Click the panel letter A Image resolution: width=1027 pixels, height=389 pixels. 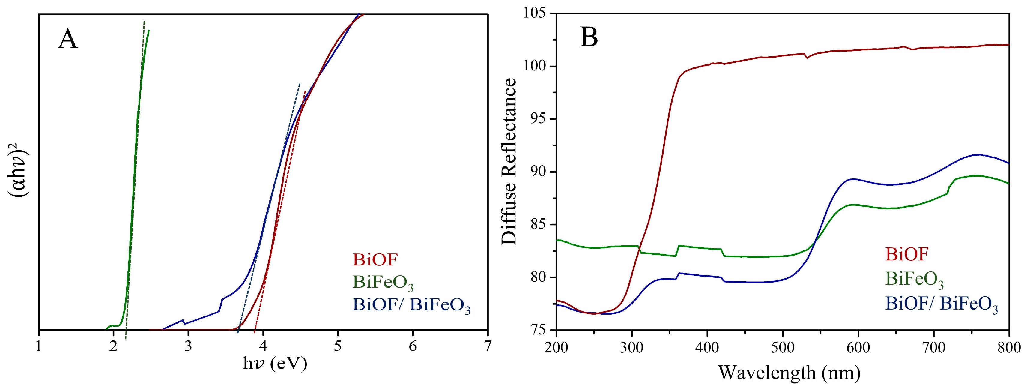click(x=67, y=40)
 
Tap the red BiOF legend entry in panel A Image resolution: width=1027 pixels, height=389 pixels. click(x=375, y=260)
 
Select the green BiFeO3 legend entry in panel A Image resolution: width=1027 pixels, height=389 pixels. click(x=383, y=283)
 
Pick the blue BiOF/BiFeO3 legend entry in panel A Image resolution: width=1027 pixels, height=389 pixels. click(x=411, y=305)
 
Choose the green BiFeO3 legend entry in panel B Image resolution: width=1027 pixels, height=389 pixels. click(x=915, y=279)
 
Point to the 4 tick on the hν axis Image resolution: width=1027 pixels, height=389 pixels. click(x=263, y=346)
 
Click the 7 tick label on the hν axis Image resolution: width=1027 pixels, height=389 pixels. click(x=487, y=346)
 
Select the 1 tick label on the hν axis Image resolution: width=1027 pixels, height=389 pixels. click(x=39, y=346)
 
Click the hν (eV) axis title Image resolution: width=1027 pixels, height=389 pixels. click(x=275, y=364)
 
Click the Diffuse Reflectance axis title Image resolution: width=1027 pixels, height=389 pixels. click(x=509, y=162)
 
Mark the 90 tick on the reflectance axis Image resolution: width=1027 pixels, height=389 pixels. click(x=538, y=172)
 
